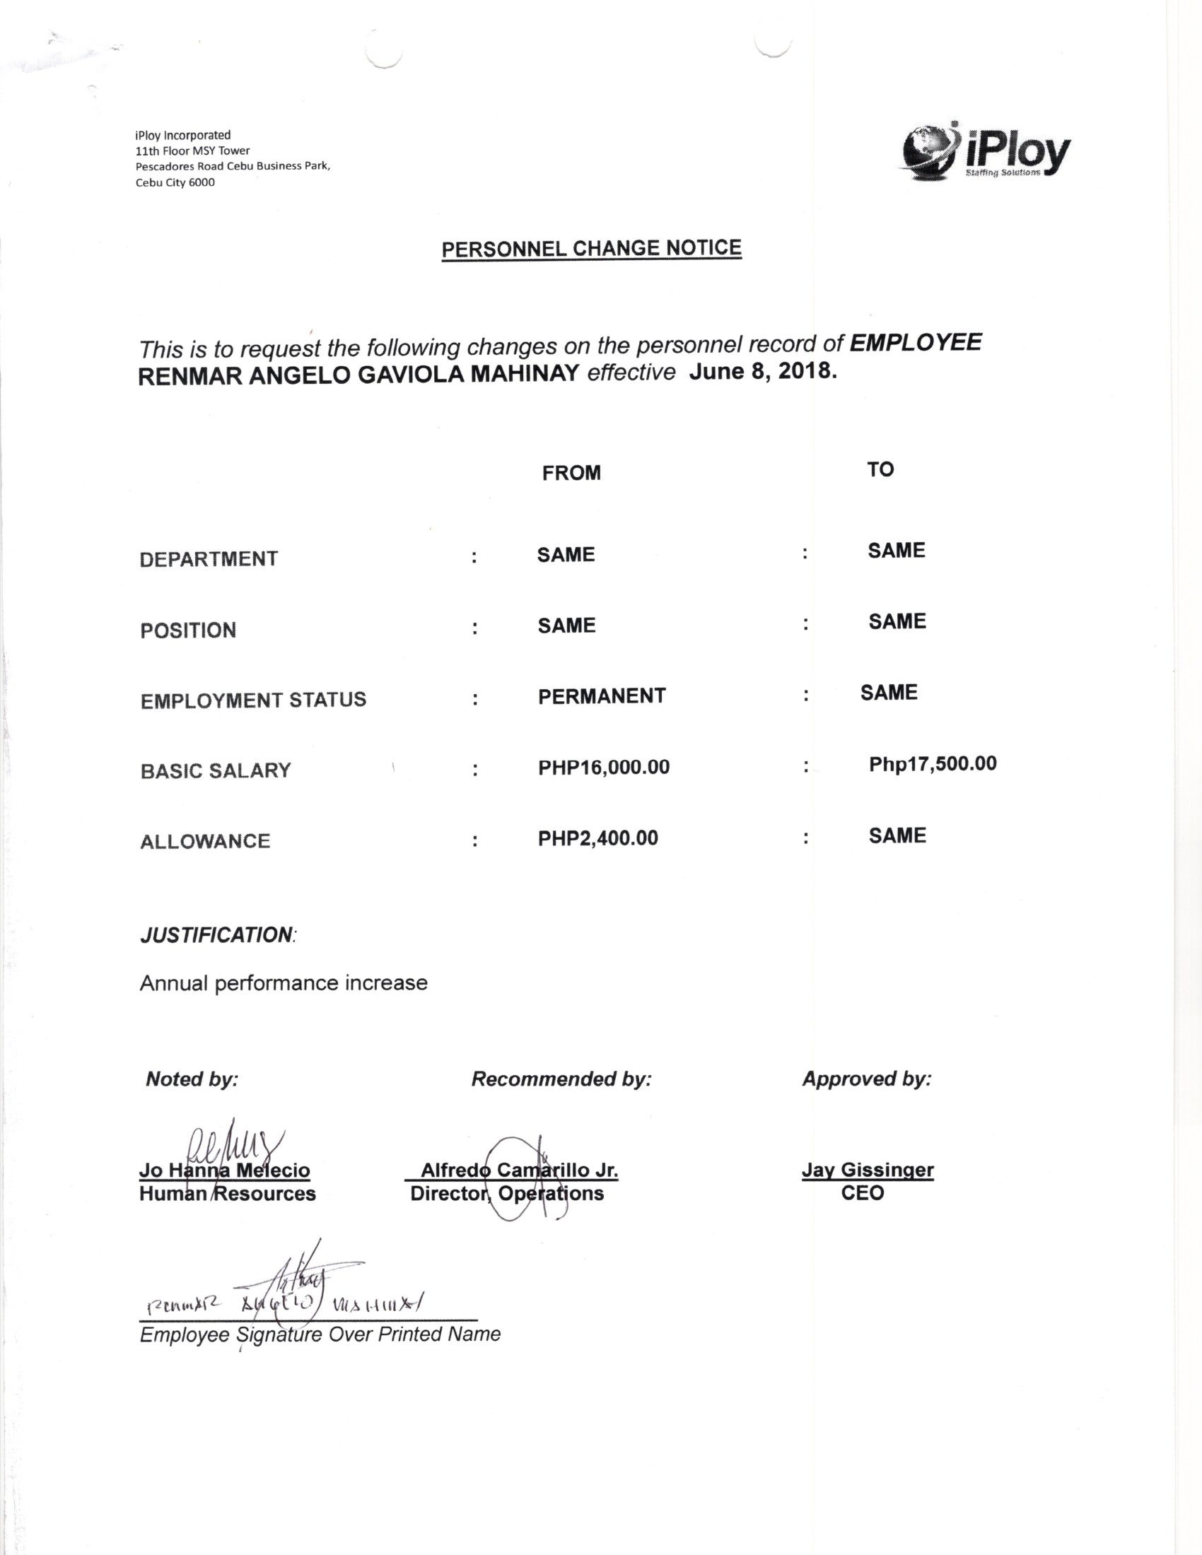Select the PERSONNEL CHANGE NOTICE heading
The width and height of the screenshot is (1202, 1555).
coord(591,249)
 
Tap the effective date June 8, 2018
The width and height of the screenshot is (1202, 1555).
coord(763,371)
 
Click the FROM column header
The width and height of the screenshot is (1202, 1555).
coord(571,473)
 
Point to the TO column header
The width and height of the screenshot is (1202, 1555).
coord(880,469)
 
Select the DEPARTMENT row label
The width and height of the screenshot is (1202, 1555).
coord(209,559)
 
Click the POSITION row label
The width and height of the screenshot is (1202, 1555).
coord(188,630)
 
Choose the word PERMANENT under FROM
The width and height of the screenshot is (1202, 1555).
coord(602,696)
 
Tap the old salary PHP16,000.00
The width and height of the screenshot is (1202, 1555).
coord(604,767)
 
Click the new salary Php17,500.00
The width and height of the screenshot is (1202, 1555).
coord(932,764)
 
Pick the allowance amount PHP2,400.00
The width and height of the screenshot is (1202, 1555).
coord(597,838)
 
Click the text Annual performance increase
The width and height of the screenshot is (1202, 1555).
coord(284,983)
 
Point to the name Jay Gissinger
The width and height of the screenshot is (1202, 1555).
coord(868,1170)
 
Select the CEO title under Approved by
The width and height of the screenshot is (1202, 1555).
coord(863,1192)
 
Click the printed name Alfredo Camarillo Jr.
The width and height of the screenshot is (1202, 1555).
coord(519,1170)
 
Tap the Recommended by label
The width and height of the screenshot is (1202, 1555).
coord(561,1079)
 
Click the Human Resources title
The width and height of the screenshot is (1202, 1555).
coord(227,1193)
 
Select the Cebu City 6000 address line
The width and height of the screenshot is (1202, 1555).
coord(175,182)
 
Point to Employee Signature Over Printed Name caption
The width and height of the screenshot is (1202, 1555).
coord(320,1334)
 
